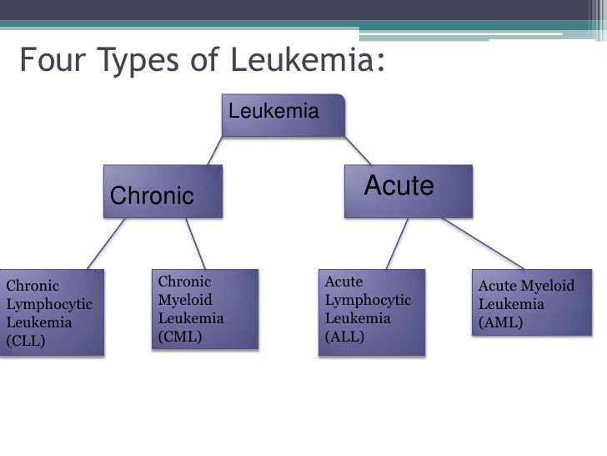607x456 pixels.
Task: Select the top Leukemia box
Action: tap(283, 114)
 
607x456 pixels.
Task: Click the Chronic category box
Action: tap(163, 191)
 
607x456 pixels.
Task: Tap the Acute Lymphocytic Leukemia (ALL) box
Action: tap(372, 312)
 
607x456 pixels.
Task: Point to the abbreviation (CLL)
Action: tap(26, 341)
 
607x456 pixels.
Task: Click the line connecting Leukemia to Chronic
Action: tap(215, 150)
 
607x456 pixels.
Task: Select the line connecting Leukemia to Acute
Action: tap(358, 150)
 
